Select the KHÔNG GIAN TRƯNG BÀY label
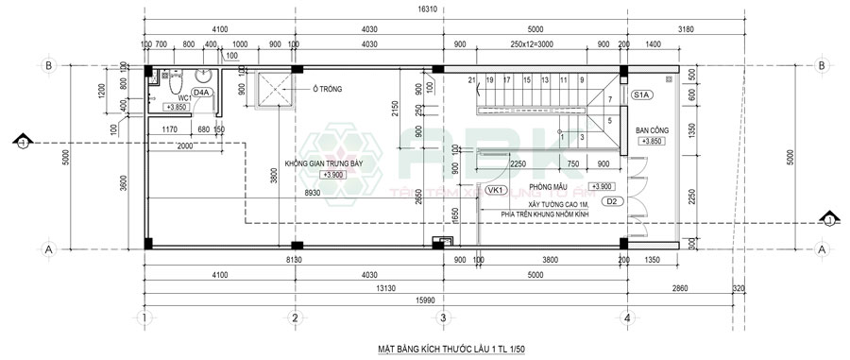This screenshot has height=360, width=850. pos(331,163)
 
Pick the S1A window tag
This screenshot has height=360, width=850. pos(640,95)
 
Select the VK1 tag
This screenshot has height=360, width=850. pos(492,190)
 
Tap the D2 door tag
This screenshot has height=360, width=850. pos(610,201)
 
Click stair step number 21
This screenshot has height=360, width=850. pos(472,79)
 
